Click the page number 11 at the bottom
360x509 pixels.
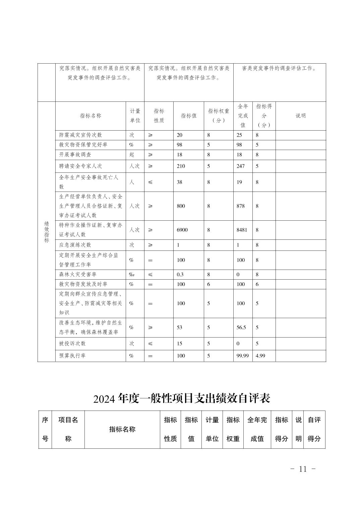[x=303, y=469]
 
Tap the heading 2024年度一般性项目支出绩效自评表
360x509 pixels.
[x=182, y=398]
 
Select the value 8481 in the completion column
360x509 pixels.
[x=242, y=230]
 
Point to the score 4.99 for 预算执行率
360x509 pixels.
[x=260, y=356]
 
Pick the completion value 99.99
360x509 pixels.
[x=242, y=356]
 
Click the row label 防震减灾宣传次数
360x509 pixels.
[x=80, y=135]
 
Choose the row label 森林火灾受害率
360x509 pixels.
[x=78, y=274]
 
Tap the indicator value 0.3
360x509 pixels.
[x=180, y=274]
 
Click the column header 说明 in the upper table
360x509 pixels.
[x=300, y=116]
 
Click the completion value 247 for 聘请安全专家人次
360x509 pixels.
[x=240, y=166]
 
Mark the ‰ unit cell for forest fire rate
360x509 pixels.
[x=132, y=274]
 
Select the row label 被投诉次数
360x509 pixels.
[x=72, y=344]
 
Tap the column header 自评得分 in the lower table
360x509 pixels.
[x=314, y=429]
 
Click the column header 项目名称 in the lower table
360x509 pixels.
[x=68, y=429]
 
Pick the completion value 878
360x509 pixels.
[x=240, y=206]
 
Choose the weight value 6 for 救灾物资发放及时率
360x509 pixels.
[x=208, y=284]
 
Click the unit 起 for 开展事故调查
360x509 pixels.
[x=132, y=155]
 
